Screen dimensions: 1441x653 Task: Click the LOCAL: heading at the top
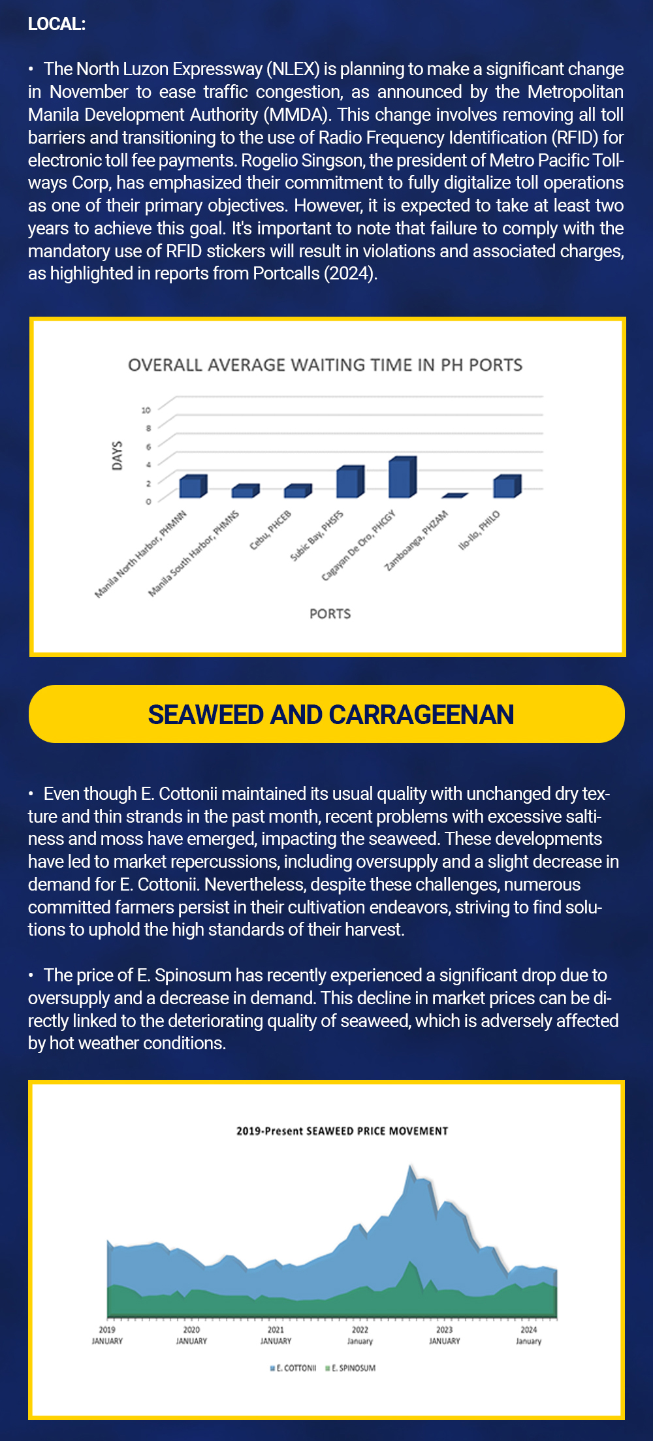(x=57, y=24)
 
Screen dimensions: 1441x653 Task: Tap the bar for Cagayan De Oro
(x=402, y=478)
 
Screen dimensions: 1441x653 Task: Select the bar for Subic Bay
(x=349, y=483)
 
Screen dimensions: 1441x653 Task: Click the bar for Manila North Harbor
(x=193, y=487)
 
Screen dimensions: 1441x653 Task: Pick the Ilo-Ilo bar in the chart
(x=507, y=487)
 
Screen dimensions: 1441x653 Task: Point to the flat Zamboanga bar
(x=454, y=496)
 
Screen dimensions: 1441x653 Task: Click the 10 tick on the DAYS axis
(x=146, y=410)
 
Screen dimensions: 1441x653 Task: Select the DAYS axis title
(x=118, y=455)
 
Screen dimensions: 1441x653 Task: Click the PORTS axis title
(x=330, y=614)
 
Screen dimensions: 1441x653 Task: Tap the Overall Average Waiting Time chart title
(x=325, y=365)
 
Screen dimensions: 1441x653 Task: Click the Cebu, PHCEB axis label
(x=270, y=530)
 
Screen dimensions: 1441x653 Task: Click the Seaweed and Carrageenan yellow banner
(x=326, y=714)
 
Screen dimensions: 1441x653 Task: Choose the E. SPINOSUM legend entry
(x=351, y=1367)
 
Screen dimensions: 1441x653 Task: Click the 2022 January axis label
(x=360, y=1335)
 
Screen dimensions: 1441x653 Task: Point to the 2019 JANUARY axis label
(x=107, y=1335)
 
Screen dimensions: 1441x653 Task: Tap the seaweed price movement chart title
(x=342, y=1131)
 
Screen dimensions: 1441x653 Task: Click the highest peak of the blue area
(x=410, y=1166)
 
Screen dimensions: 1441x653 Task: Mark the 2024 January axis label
(x=528, y=1335)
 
